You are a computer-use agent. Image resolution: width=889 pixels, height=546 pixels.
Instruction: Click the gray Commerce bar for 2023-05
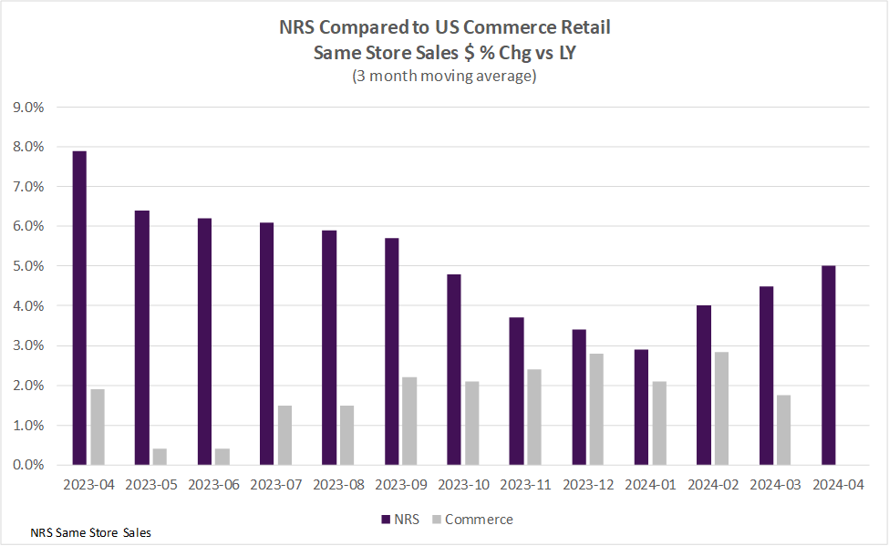point(160,457)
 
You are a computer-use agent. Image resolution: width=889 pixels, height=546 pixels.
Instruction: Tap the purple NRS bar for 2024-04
point(828,366)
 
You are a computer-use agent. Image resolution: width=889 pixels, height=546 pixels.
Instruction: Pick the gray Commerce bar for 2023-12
point(596,409)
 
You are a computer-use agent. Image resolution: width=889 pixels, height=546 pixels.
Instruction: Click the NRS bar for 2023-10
point(453,369)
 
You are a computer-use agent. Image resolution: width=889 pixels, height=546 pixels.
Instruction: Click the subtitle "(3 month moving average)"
point(444,77)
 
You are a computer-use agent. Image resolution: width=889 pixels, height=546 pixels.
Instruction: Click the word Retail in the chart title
point(583,28)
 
